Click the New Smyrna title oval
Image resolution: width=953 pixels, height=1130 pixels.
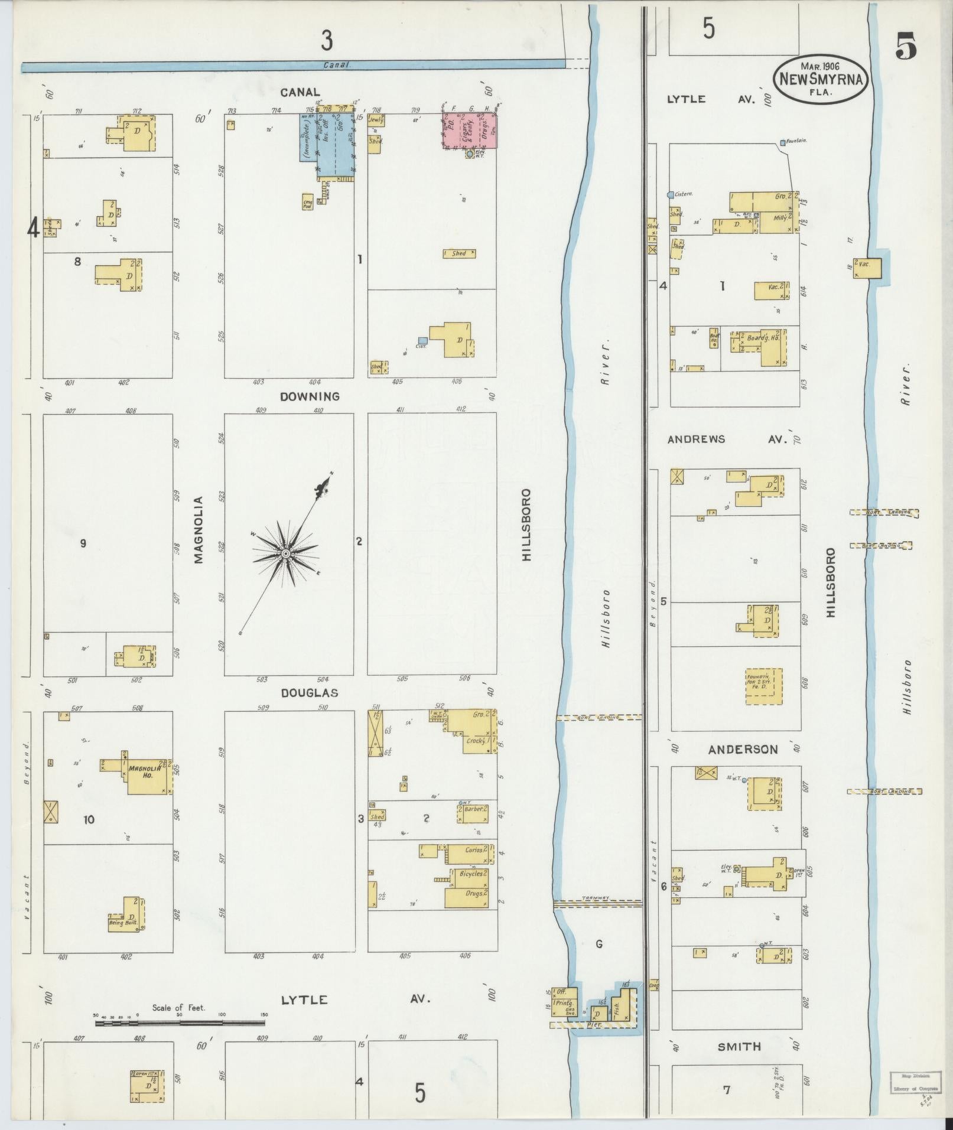coord(821,78)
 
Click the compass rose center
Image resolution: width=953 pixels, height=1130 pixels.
coord(285,553)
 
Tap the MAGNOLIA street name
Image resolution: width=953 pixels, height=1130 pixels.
coord(199,530)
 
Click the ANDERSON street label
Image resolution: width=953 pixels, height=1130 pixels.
coord(743,749)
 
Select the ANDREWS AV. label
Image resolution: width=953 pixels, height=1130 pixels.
coord(728,439)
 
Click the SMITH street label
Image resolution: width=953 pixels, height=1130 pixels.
coord(739,1046)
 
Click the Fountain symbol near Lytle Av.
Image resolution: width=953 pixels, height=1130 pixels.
coord(782,142)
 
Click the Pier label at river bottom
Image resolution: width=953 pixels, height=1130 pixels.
coord(596,1025)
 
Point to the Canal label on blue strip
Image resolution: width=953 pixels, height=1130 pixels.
coord(337,66)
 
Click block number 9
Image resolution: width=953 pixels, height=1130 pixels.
coord(83,543)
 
